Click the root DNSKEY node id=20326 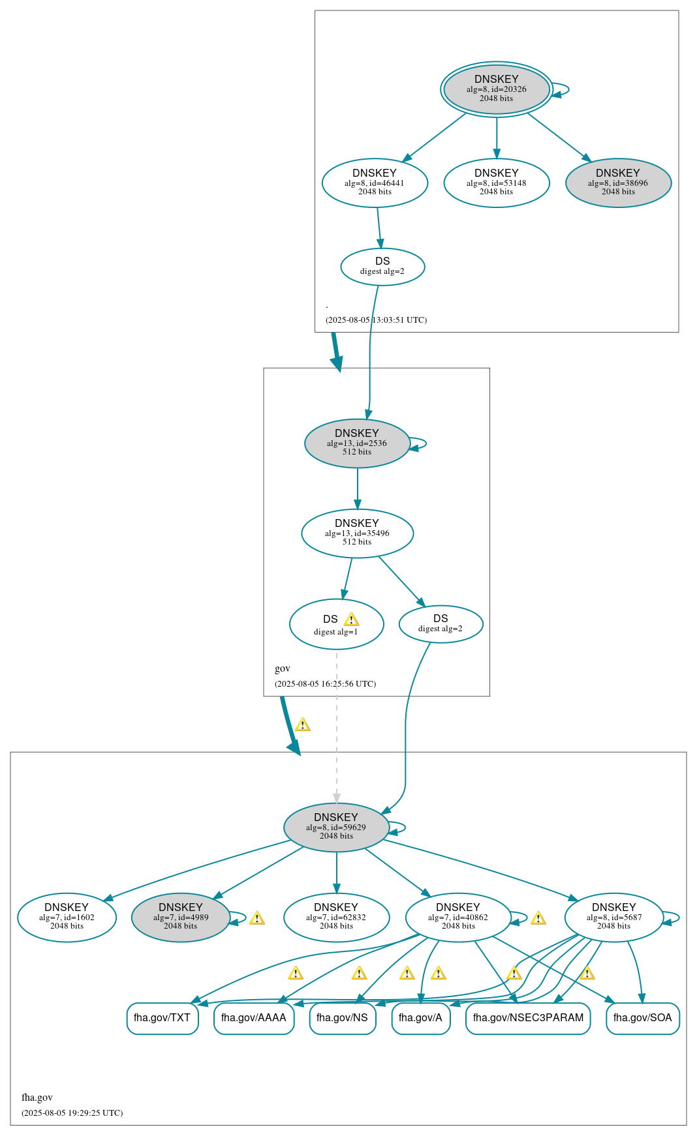[496, 89]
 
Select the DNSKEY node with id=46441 [375, 183]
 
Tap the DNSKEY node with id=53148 [496, 183]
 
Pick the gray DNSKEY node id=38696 [618, 183]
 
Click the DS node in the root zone [382, 266]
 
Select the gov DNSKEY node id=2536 [357, 443]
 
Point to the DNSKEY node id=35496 [357, 533]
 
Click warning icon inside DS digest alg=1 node [351, 620]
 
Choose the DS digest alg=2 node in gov [441, 624]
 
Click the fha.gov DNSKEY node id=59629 [336, 827]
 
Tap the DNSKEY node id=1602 [67, 917]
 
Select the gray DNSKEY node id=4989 [181, 917]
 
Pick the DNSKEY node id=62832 [336, 917]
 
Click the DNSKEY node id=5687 [613, 917]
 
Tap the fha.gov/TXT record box [162, 1018]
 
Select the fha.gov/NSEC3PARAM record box [528, 1018]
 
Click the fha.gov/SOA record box [642, 1018]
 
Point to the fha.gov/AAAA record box [254, 1018]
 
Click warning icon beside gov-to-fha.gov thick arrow [303, 725]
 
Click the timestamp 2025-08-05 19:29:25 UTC [72, 1113]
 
